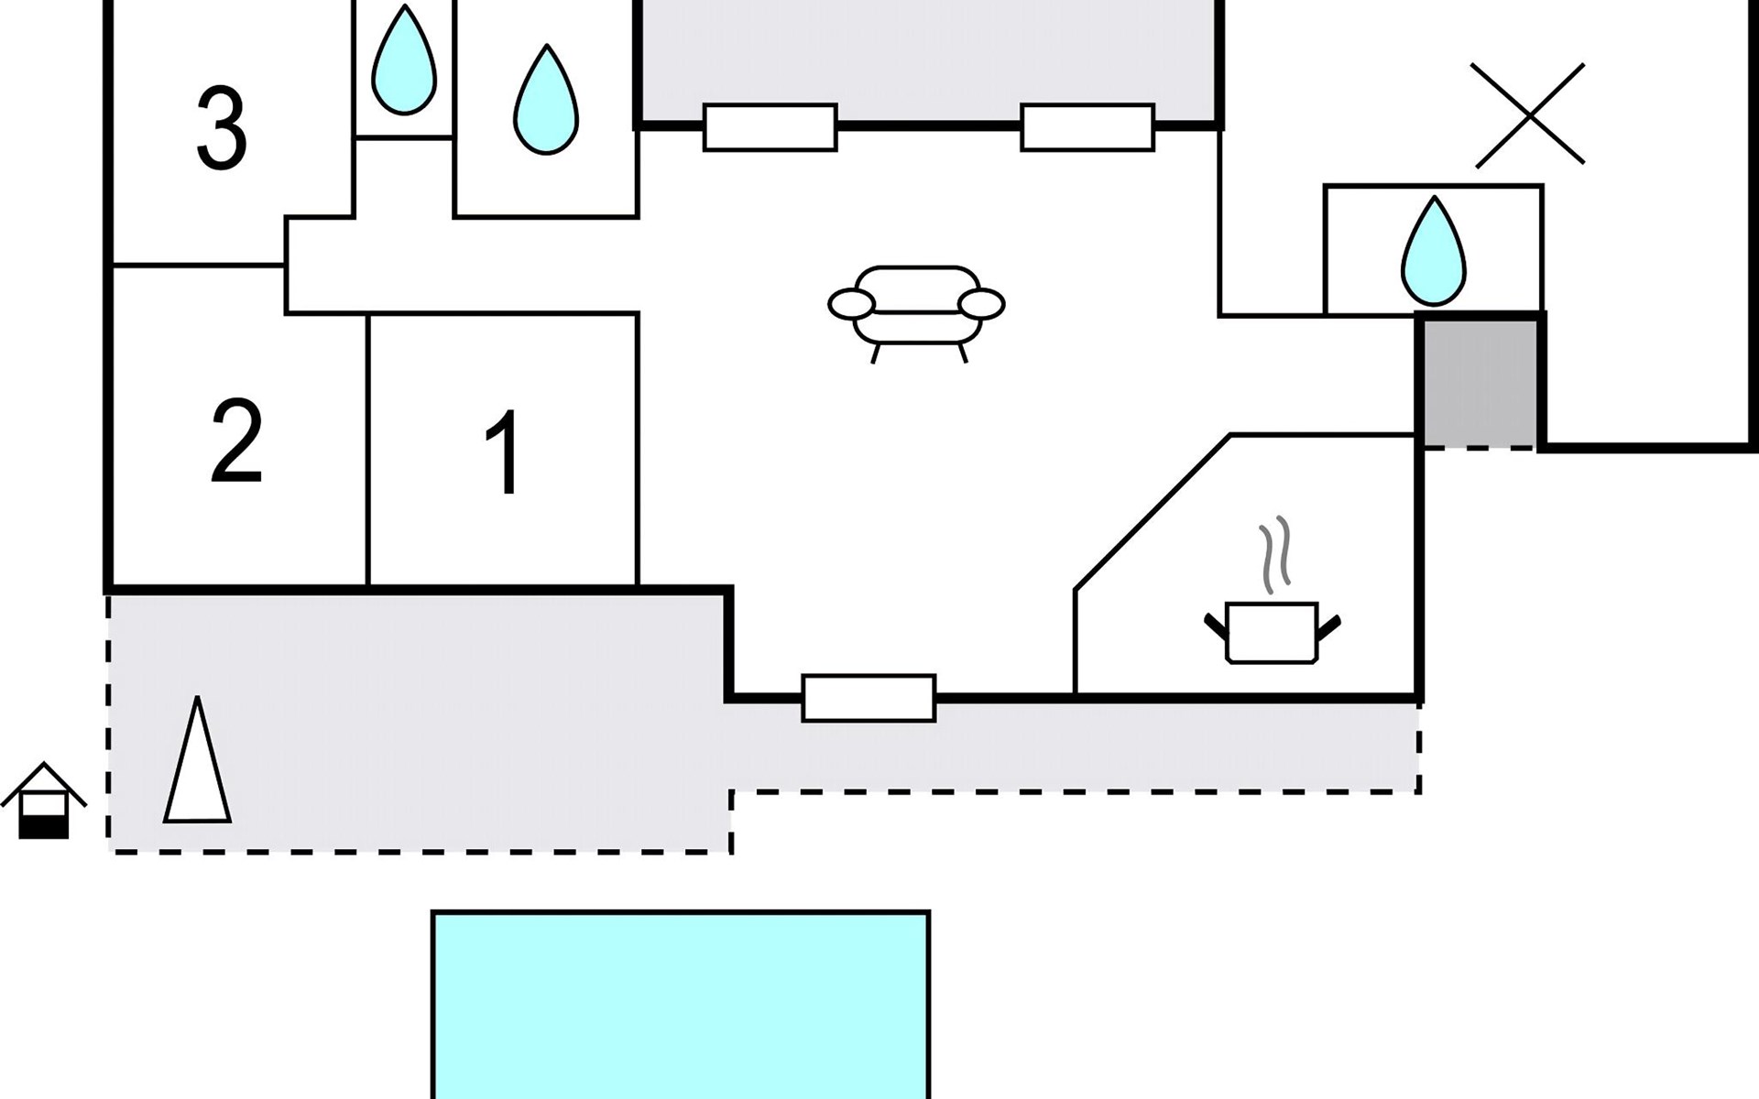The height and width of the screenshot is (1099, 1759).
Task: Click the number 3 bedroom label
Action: coord(222,128)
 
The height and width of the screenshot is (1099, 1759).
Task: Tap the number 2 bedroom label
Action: coord(236,441)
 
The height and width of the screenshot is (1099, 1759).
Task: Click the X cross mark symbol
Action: coord(1528,115)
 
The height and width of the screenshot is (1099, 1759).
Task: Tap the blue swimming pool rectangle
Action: coord(681,1005)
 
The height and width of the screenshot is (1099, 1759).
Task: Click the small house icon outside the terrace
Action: coord(44,800)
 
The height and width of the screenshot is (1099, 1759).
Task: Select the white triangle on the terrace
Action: coord(197,760)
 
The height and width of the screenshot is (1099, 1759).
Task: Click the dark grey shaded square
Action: coord(1480,382)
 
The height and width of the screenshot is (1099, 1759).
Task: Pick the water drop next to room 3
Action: coord(404,60)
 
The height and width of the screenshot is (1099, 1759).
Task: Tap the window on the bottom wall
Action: coord(869,698)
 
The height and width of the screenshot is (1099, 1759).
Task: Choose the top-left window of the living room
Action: coord(770,127)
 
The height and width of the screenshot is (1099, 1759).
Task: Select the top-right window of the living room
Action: coord(1087,127)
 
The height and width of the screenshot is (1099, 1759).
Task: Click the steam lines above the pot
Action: coord(1275,554)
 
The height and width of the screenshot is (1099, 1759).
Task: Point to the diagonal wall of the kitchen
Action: coord(1153,512)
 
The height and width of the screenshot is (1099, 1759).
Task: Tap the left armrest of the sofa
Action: coord(851,304)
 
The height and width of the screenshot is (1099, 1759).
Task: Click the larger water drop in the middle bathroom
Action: coord(546,100)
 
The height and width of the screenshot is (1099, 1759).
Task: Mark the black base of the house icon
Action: coord(44,828)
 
